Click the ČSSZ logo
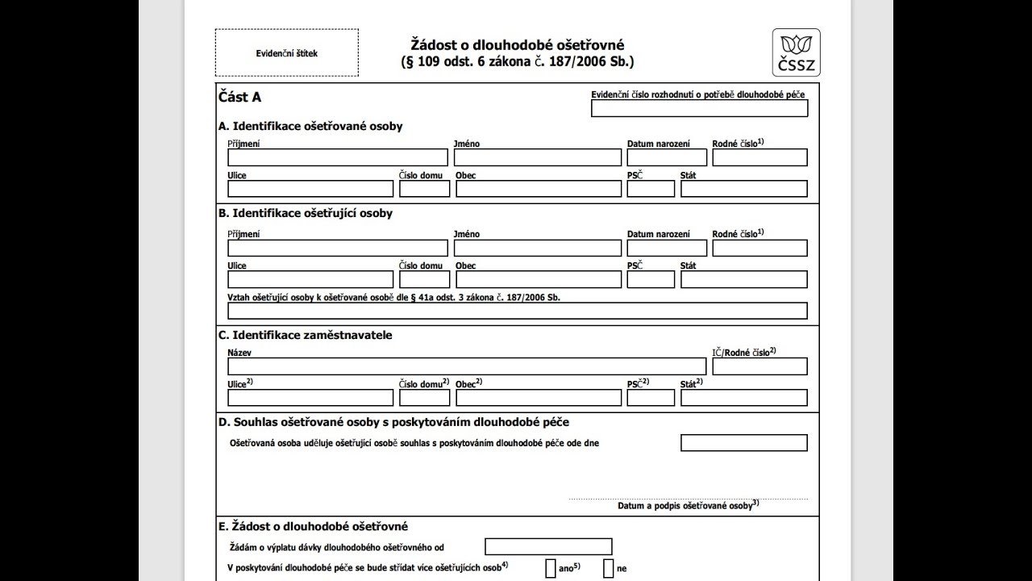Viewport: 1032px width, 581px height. click(796, 52)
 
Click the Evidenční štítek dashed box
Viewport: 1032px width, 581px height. click(286, 53)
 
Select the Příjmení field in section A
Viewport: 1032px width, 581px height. click(337, 157)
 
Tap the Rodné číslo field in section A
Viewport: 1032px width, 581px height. click(759, 157)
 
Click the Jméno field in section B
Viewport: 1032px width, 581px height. click(537, 248)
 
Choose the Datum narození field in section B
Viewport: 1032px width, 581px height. click(667, 248)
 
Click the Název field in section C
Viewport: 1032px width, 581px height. click(466, 366)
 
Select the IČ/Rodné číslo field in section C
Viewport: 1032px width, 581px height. click(759, 366)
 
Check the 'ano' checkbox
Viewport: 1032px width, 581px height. click(551, 568)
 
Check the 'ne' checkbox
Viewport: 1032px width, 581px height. click(609, 568)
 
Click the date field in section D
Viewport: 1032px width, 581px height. click(743, 443)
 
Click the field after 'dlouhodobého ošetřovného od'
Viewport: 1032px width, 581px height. click(548, 547)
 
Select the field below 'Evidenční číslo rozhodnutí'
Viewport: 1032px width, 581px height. click(699, 108)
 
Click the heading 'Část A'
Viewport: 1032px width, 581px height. click(239, 98)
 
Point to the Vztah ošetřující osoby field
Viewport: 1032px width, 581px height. click(517, 311)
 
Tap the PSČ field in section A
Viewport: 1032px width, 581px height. click(651, 189)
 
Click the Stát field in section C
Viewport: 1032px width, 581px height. click(743, 398)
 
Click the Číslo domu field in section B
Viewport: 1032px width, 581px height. click(424, 279)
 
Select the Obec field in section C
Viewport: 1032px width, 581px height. click(538, 398)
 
